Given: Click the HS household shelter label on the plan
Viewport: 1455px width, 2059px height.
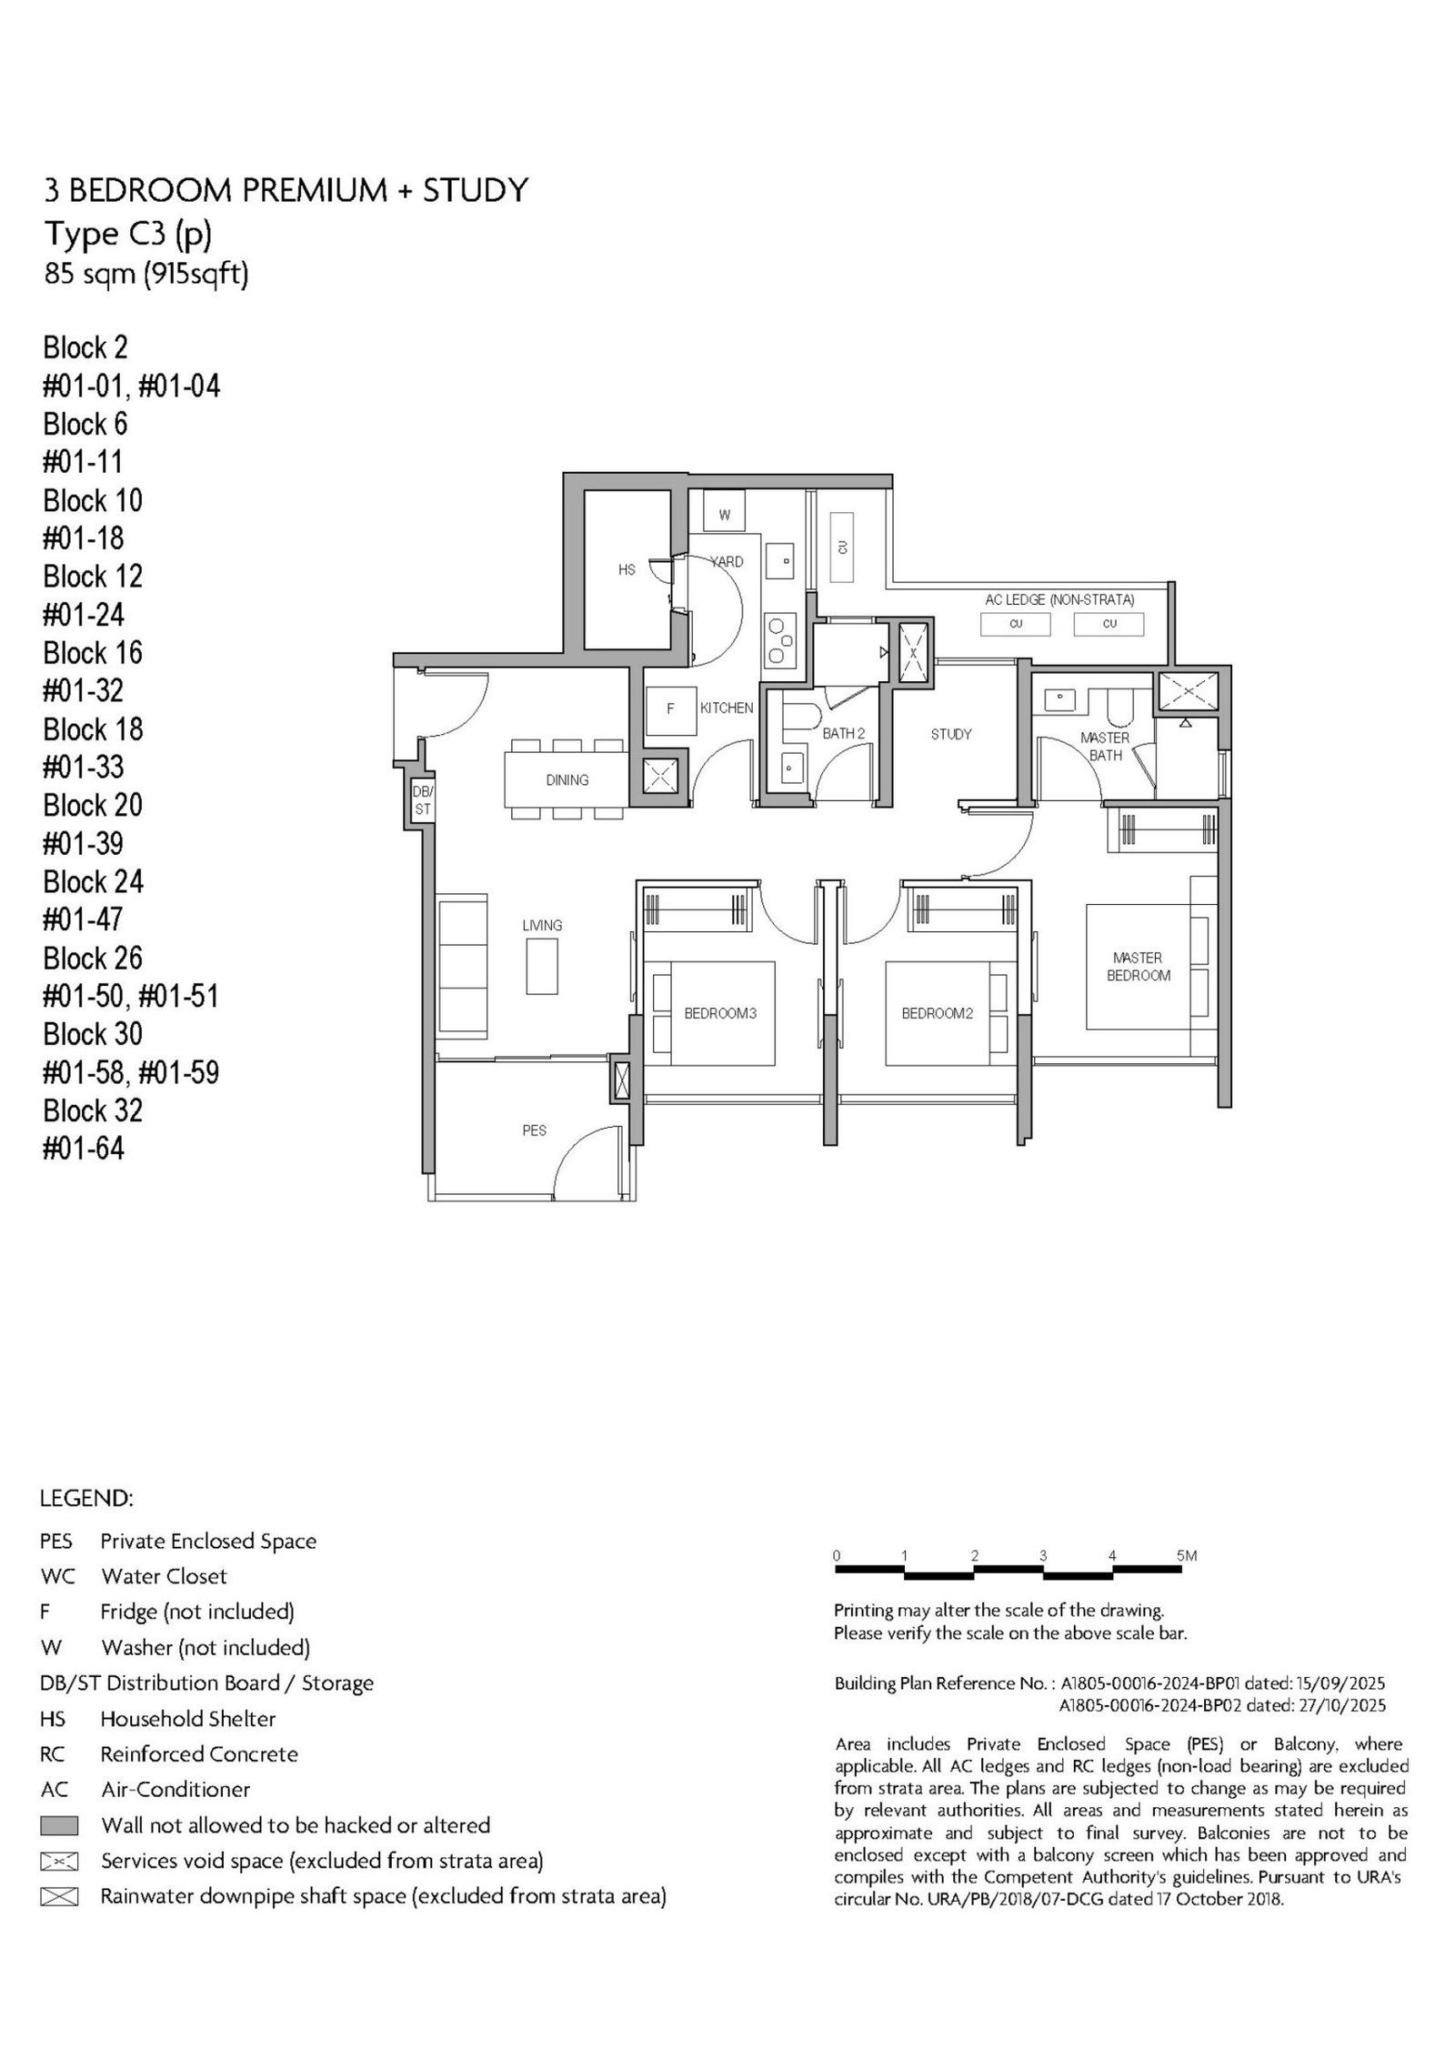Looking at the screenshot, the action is (x=627, y=570).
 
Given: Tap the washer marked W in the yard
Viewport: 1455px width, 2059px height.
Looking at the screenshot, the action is (x=724, y=514).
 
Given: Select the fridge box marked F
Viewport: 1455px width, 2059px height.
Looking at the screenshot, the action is (x=670, y=709).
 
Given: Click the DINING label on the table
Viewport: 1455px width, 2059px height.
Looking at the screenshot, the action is (x=567, y=779).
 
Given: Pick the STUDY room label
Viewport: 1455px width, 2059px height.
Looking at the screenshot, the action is (x=951, y=734).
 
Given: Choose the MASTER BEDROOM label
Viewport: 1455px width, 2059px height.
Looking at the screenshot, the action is (x=1138, y=966).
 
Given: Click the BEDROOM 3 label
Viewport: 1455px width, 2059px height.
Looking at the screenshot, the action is (x=720, y=1013).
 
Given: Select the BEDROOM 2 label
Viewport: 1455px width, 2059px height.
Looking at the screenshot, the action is (x=938, y=1013).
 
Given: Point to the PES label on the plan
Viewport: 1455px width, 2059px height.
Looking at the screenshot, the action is (x=535, y=1130).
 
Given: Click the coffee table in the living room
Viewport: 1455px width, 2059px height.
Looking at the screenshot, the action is (x=542, y=966).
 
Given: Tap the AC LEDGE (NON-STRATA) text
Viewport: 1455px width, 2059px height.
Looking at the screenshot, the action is (x=1059, y=600).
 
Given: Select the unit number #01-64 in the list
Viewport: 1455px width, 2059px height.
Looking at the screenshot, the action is (x=84, y=1149).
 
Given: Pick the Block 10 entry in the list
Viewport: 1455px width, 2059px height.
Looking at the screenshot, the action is (x=93, y=500).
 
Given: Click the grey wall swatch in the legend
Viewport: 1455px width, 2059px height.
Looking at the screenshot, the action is (x=60, y=1825).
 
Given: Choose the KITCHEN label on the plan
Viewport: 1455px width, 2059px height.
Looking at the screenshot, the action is (x=727, y=708).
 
